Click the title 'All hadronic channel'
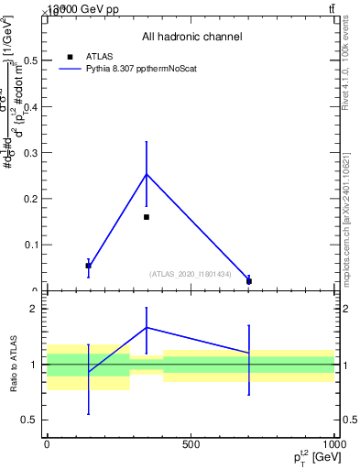(x=191, y=37)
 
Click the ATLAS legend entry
(x=98, y=56)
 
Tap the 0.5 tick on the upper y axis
(x=32, y=61)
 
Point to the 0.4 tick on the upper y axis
(x=32, y=107)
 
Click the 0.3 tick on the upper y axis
(x=32, y=153)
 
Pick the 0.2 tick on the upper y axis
(x=32, y=199)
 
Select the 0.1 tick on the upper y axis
(x=32, y=245)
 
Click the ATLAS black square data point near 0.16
(x=147, y=217)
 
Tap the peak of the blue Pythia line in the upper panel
(x=147, y=174)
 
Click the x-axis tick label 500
(x=191, y=444)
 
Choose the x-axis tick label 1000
(x=333, y=444)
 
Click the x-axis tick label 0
(x=47, y=444)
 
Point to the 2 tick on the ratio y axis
(x=34, y=309)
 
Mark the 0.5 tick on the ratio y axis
(x=32, y=420)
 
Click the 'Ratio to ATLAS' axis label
(x=14, y=364)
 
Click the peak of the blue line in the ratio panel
(x=147, y=327)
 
